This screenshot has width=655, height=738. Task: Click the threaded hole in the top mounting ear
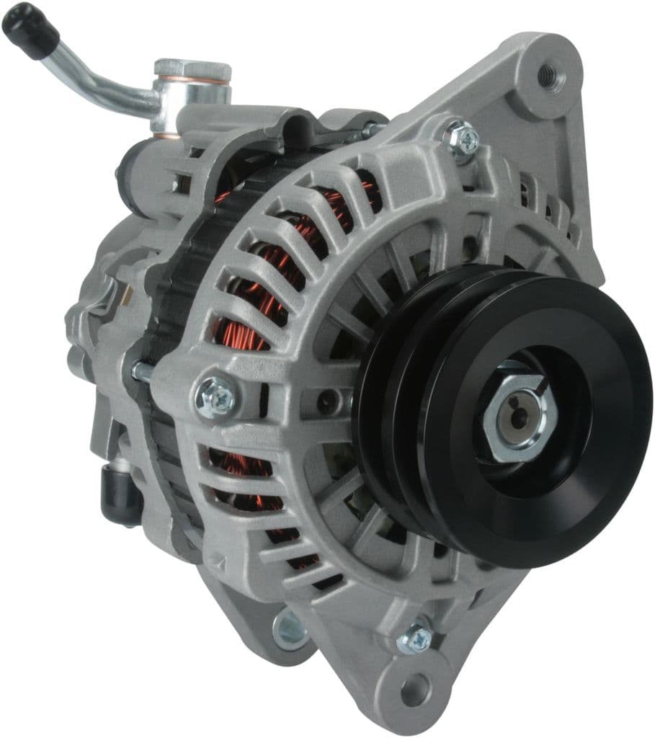click(548, 72)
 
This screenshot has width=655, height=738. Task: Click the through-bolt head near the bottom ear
click(416, 638)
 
